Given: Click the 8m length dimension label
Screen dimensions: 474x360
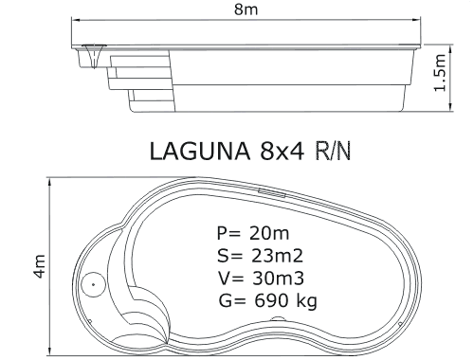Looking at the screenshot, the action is [x=246, y=9].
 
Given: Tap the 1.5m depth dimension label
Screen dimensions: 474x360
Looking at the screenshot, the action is [x=440, y=73].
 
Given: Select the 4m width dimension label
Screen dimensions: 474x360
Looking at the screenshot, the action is [x=40, y=266].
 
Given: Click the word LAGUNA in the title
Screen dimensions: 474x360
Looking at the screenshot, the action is [x=199, y=151].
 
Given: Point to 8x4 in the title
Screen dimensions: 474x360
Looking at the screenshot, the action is [x=283, y=151].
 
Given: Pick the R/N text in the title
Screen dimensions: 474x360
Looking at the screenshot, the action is [x=333, y=151].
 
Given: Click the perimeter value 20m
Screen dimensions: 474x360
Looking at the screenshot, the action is [x=269, y=233].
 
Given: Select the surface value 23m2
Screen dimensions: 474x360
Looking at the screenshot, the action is [x=277, y=256].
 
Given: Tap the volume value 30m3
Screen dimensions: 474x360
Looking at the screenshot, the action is [x=278, y=279].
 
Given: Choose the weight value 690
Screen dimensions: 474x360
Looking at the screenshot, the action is [x=271, y=300].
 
